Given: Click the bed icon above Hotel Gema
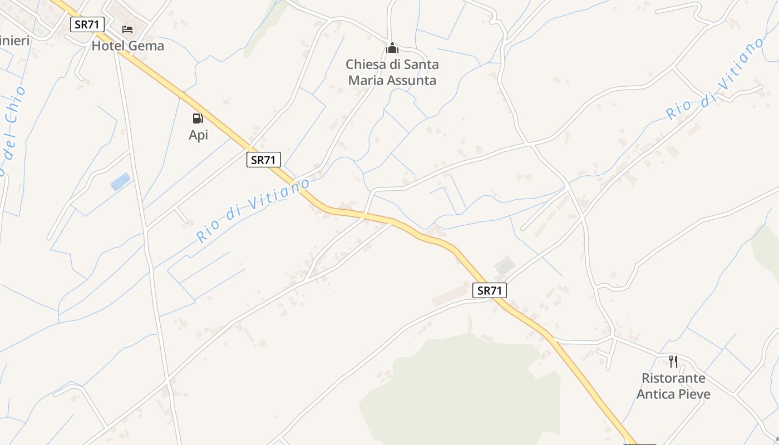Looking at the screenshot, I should click(x=127, y=29).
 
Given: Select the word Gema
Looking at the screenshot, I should click(x=146, y=46).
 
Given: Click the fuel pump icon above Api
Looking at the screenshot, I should click(x=198, y=118).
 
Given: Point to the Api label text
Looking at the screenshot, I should click(x=198, y=135).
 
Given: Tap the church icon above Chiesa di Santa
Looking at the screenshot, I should click(x=392, y=48).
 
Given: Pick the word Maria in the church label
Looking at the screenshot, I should click(x=364, y=81).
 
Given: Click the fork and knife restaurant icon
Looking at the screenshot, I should click(x=673, y=362).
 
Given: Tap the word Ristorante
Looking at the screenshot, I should click(x=673, y=378).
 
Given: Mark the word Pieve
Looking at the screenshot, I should click(x=694, y=394).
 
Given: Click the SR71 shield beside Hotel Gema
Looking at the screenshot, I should click(x=87, y=24).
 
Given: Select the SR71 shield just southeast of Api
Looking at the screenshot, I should click(x=264, y=160).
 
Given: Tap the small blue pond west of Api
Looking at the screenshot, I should click(x=121, y=181).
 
